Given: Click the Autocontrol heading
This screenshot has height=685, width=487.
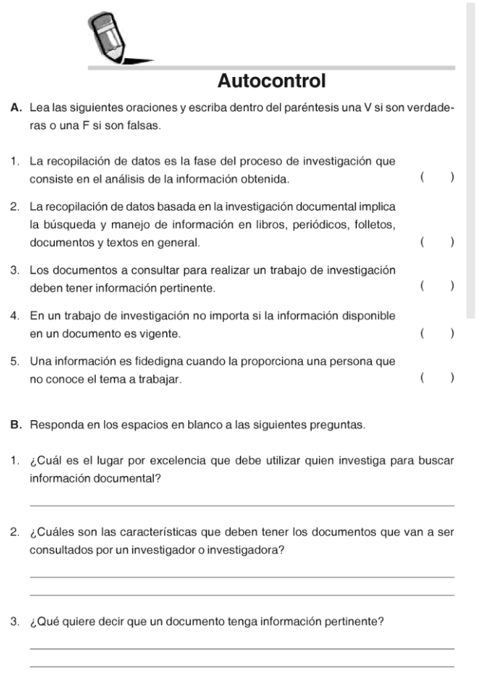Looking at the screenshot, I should coord(272,82).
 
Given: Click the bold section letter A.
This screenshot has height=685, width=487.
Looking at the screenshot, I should coord(15,110).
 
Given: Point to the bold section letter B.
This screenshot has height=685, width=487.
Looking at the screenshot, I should coord(15,425).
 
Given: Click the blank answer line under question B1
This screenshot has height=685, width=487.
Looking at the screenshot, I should coord(242,505).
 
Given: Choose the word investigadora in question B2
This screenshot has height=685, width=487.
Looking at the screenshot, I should coord(249,550).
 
